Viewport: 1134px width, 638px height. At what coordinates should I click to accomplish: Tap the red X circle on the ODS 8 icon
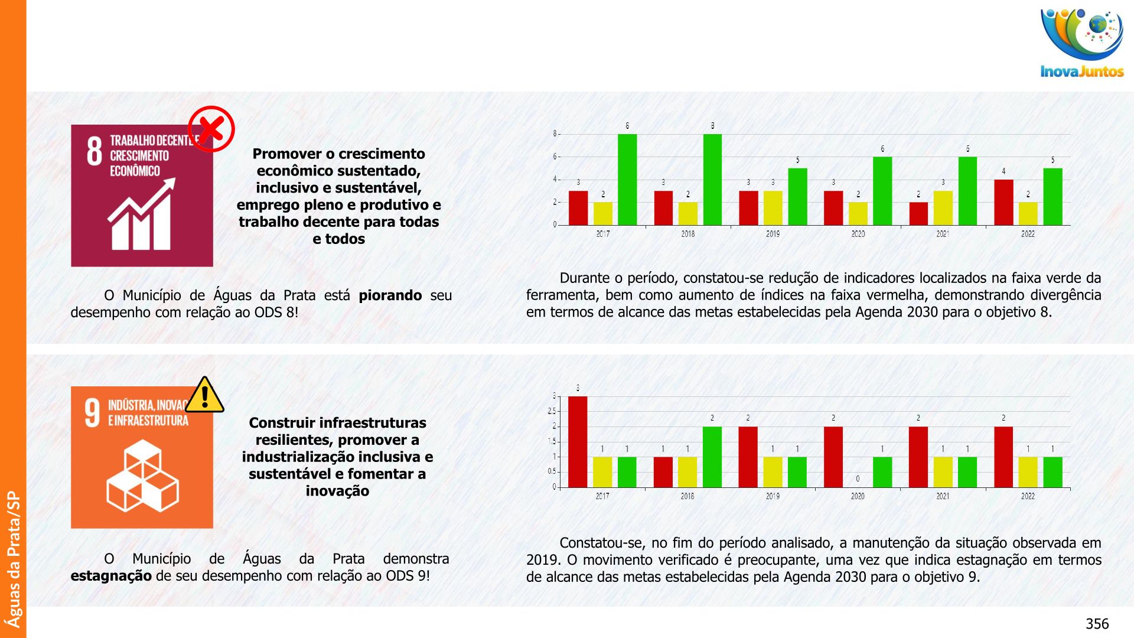[x=211, y=129]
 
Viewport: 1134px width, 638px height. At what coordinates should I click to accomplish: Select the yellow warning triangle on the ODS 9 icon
[x=204, y=395]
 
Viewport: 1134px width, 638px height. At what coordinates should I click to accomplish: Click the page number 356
[x=1097, y=624]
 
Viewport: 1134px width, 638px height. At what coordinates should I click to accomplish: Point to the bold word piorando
[x=390, y=295]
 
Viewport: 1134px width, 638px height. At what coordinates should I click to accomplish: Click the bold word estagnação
[x=111, y=576]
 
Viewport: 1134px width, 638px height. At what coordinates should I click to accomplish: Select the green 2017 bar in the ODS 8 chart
[x=627, y=180]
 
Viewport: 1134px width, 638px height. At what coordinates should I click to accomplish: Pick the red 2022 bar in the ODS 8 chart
[x=1003, y=202]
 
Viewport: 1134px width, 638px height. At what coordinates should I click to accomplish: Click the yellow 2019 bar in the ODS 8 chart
[x=773, y=208]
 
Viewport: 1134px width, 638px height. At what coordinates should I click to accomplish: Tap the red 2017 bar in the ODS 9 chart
[x=578, y=442]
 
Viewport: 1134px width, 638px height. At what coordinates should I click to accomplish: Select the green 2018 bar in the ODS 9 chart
[x=712, y=457]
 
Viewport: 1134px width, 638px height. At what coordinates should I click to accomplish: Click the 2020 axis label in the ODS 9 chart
[x=858, y=496]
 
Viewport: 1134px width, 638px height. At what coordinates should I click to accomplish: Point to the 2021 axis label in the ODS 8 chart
[x=943, y=234]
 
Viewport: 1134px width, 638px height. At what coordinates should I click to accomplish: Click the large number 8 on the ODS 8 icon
[x=94, y=151]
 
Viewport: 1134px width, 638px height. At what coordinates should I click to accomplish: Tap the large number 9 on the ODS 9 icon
[x=93, y=412]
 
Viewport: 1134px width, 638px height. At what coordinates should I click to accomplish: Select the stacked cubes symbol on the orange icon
[x=142, y=476]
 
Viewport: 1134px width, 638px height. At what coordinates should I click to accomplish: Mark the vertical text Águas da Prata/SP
[x=13, y=559]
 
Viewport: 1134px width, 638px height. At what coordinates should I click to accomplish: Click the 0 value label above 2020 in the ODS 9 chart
[x=858, y=479]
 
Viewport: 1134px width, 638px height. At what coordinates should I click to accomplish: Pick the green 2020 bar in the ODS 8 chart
[x=882, y=191]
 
